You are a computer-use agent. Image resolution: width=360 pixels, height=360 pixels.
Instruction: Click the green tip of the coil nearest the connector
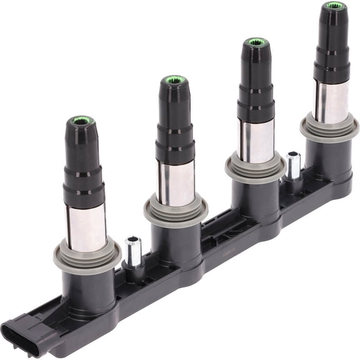click(81, 121)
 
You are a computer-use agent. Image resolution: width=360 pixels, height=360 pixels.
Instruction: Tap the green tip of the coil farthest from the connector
click(334, 6)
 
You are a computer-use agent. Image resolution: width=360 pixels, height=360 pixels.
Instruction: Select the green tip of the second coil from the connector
click(174, 81)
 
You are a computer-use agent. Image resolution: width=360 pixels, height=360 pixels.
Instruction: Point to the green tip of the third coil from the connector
click(256, 42)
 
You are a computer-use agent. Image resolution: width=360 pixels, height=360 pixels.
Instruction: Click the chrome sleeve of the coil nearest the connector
click(86, 227)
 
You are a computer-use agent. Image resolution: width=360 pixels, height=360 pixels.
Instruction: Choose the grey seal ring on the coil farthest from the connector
click(329, 128)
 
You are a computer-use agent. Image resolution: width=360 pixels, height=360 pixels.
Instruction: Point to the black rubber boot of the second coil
click(175, 119)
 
